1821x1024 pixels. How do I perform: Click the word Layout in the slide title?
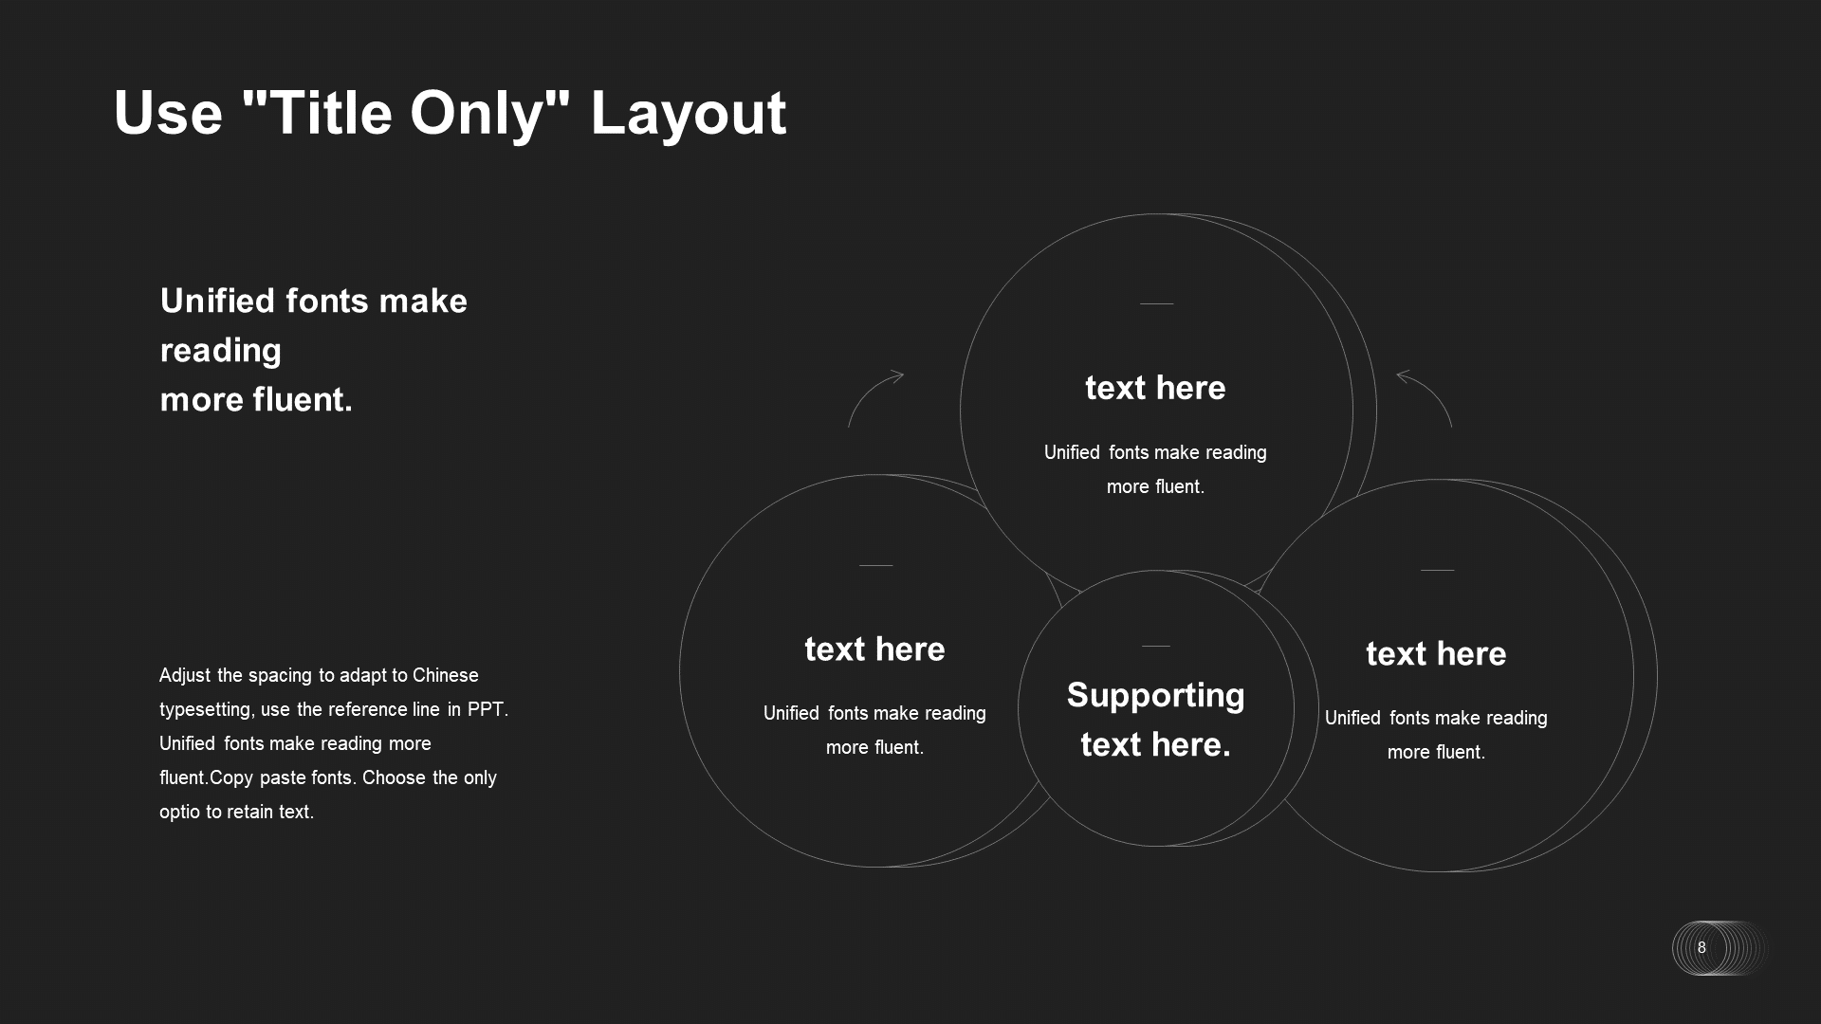coord(689,115)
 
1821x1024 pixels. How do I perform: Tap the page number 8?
coord(1701,947)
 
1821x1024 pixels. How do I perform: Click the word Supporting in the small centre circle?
coord(1155,696)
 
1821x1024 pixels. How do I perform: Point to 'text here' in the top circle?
coord(1155,388)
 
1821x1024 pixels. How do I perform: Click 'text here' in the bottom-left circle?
coord(874,649)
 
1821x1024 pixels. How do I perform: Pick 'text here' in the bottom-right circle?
coord(1436,654)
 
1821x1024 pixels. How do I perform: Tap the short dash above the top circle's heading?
coord(1156,303)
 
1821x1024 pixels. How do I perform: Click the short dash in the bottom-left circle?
coord(875,565)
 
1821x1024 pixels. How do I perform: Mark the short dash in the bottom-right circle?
coord(1437,570)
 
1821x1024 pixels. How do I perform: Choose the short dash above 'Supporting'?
coord(1155,646)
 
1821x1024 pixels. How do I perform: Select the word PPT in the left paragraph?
coord(487,709)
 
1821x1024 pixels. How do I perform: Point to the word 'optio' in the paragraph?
coord(180,813)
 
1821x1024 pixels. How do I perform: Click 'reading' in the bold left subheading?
coord(221,351)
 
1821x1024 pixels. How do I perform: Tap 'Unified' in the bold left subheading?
coord(217,301)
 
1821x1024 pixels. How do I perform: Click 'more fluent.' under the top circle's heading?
coord(1155,486)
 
